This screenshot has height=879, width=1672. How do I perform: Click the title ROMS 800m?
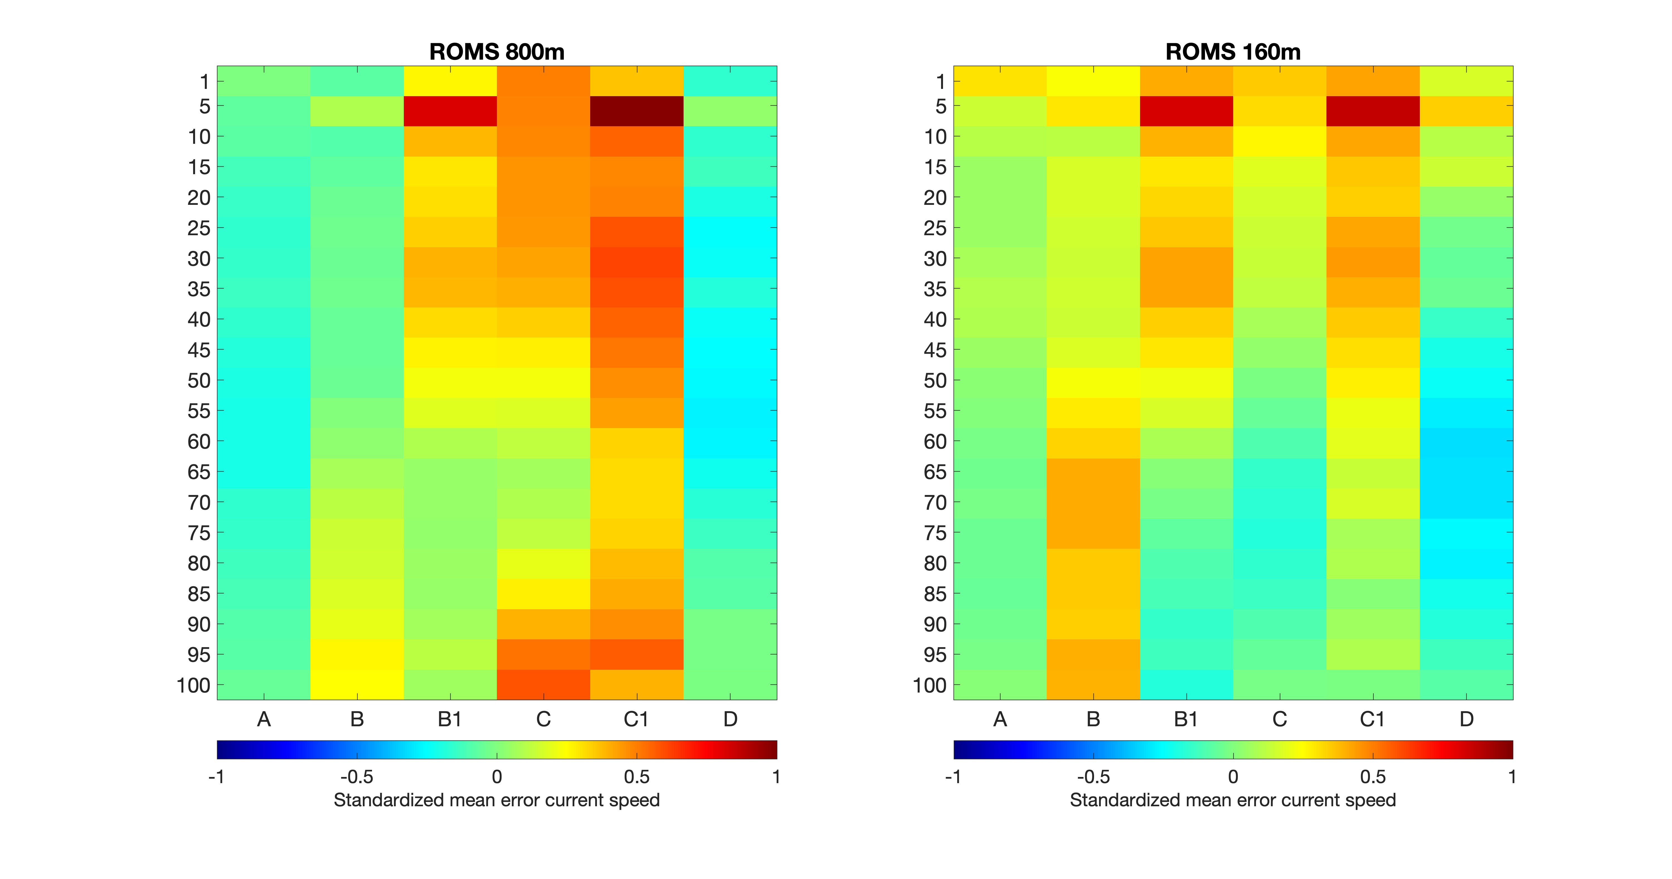coord(497,52)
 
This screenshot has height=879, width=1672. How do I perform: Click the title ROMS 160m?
coord(1233,52)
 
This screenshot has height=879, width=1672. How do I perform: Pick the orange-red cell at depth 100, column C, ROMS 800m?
coord(543,684)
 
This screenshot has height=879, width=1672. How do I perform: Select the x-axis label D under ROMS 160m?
coord(1466,719)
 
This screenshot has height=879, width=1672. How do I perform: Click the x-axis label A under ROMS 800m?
coord(264,719)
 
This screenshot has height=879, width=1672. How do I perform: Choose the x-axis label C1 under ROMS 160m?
coord(1372,719)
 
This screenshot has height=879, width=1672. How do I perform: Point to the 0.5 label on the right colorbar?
coord(1373,777)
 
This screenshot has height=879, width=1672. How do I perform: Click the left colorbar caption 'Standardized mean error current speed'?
coord(497,800)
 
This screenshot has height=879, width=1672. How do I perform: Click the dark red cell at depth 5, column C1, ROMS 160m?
coord(1372,111)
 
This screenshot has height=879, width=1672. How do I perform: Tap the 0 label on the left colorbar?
coord(497,777)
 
